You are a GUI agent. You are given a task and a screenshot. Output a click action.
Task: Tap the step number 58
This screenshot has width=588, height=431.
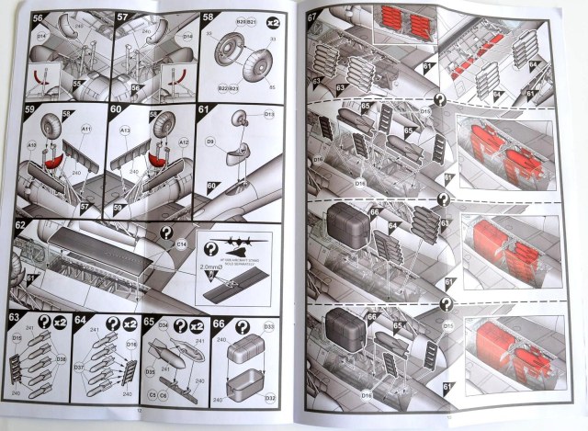tap(208, 17)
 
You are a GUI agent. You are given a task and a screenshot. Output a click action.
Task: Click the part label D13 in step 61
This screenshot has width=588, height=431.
tap(269, 115)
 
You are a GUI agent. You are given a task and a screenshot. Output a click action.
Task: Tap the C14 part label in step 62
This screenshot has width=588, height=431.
tap(182, 244)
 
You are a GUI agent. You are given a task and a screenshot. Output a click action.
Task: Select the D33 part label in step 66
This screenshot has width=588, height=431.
tap(270, 325)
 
